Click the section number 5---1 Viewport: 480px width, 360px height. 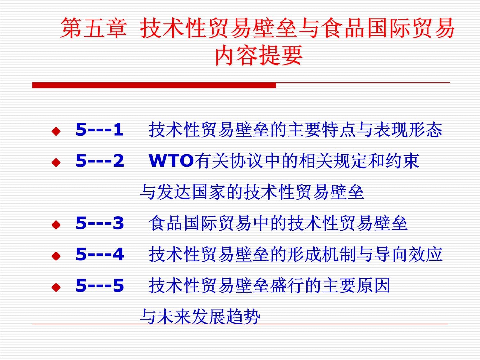click(99, 130)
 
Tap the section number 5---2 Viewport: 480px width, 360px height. click(100, 161)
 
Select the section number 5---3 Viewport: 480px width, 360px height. click(100, 223)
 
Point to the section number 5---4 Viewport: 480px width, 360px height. click(100, 254)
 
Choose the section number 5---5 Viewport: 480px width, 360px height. click(100, 285)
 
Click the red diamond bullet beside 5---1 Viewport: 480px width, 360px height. click(56, 131)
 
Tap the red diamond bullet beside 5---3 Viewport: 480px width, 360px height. click(56, 225)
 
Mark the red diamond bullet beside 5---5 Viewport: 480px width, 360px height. click(56, 287)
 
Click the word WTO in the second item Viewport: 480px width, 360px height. click(171, 161)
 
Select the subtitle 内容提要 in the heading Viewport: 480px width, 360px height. click(259, 55)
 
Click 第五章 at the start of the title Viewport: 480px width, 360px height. click(93, 28)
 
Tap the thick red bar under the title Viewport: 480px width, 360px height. click(154, 85)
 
